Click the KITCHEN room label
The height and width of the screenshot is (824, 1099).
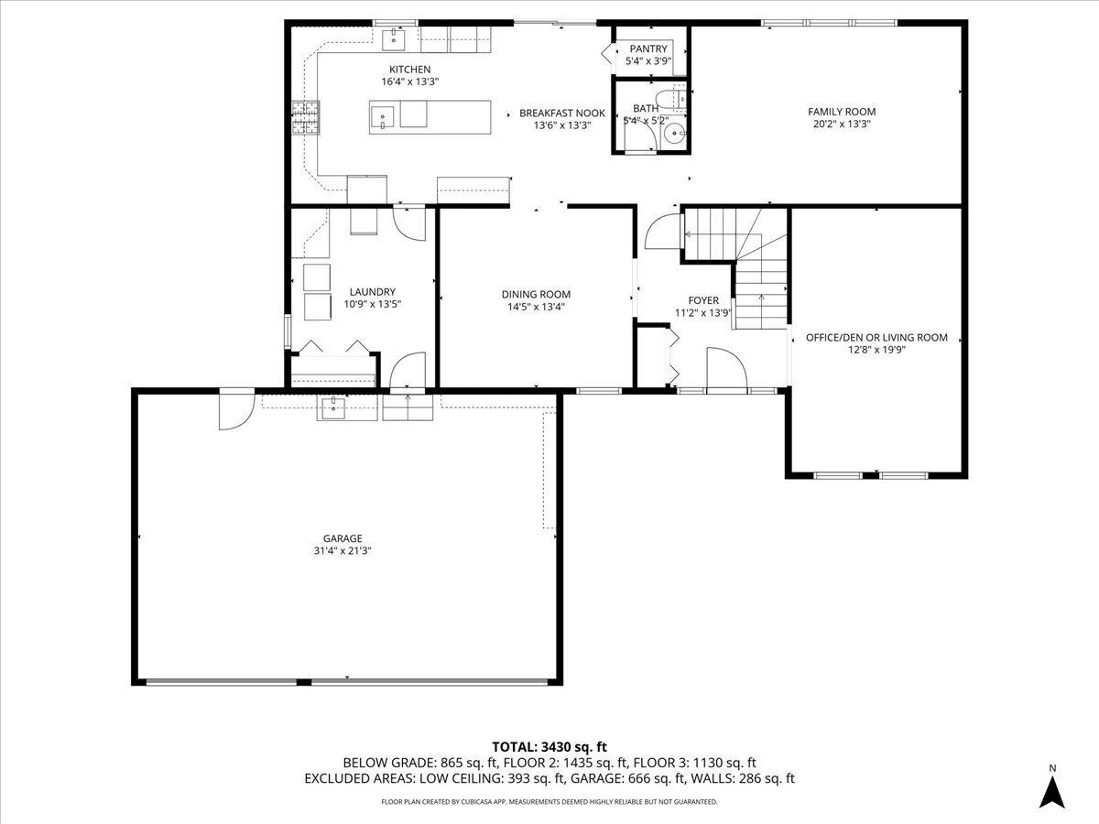pyautogui.click(x=409, y=70)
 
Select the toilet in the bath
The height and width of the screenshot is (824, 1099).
pyautogui.click(x=675, y=96)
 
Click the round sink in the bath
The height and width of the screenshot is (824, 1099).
pyautogui.click(x=676, y=135)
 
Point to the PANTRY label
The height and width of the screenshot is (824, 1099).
pyautogui.click(x=648, y=49)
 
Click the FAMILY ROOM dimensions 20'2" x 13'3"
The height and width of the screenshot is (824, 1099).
pyautogui.click(x=841, y=124)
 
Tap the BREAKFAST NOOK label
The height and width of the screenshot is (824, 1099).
pyautogui.click(x=562, y=113)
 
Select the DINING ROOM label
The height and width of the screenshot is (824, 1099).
pyautogui.click(x=536, y=294)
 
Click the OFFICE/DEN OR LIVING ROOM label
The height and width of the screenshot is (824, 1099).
pyautogui.click(x=876, y=337)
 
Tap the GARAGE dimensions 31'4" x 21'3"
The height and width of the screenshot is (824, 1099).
pyautogui.click(x=343, y=550)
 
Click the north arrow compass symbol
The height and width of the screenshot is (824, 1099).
pyautogui.click(x=1053, y=789)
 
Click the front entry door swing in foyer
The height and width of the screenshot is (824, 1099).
pyautogui.click(x=726, y=369)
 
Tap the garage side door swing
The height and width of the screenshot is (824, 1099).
pyautogui.click(x=234, y=408)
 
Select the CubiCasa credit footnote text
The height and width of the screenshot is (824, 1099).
pyautogui.click(x=549, y=802)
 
